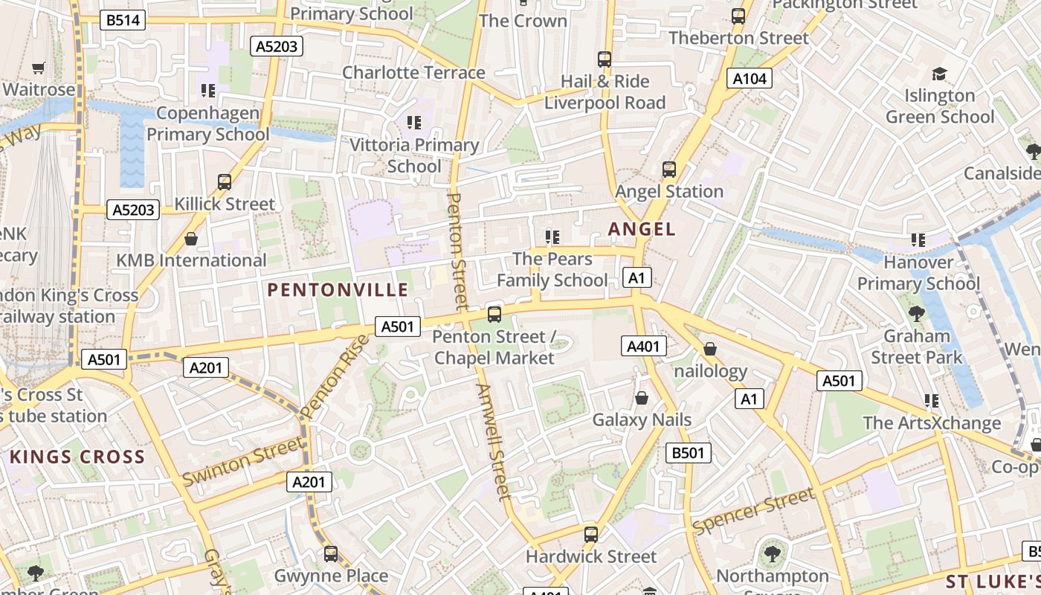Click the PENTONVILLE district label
tap(338, 290)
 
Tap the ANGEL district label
tap(642, 229)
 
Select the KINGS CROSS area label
tap(77, 457)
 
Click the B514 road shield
tap(123, 20)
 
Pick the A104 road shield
tap(749, 78)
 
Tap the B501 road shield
tap(688, 452)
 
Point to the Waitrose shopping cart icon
tap(39, 68)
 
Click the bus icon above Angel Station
tap(669, 170)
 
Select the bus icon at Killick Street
tap(225, 182)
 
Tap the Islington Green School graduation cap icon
tap(939, 74)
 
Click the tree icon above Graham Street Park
tap(917, 314)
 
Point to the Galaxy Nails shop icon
tap(642, 399)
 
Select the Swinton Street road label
tap(243, 461)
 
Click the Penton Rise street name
tap(335, 376)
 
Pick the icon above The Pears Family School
tap(552, 237)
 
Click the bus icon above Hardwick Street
tap(591, 534)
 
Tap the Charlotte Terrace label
tap(413, 72)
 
